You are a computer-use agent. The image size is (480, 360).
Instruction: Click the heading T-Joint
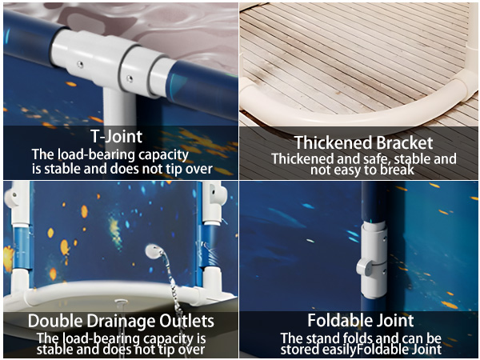(116, 136)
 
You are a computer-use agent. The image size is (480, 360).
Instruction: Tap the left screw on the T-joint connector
(80, 64)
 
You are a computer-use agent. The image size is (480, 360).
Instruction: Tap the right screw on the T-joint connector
(130, 78)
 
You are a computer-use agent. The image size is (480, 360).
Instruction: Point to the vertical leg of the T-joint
(118, 107)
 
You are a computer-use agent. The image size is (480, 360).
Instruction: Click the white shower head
(153, 251)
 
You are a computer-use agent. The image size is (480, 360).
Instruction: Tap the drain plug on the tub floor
(121, 302)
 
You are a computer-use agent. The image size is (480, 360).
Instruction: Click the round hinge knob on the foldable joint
(364, 267)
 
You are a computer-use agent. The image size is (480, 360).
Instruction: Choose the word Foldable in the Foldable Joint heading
(337, 320)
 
